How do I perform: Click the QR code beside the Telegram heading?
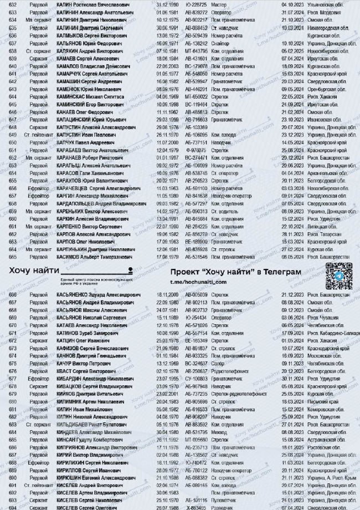point(338,277)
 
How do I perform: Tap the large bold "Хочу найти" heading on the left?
point(33,271)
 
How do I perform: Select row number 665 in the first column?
point(13,257)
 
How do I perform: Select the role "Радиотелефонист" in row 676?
point(227,371)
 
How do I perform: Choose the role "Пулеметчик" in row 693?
point(222,501)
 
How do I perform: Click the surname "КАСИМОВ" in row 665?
point(71,257)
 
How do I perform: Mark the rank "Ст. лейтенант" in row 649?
point(38,134)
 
